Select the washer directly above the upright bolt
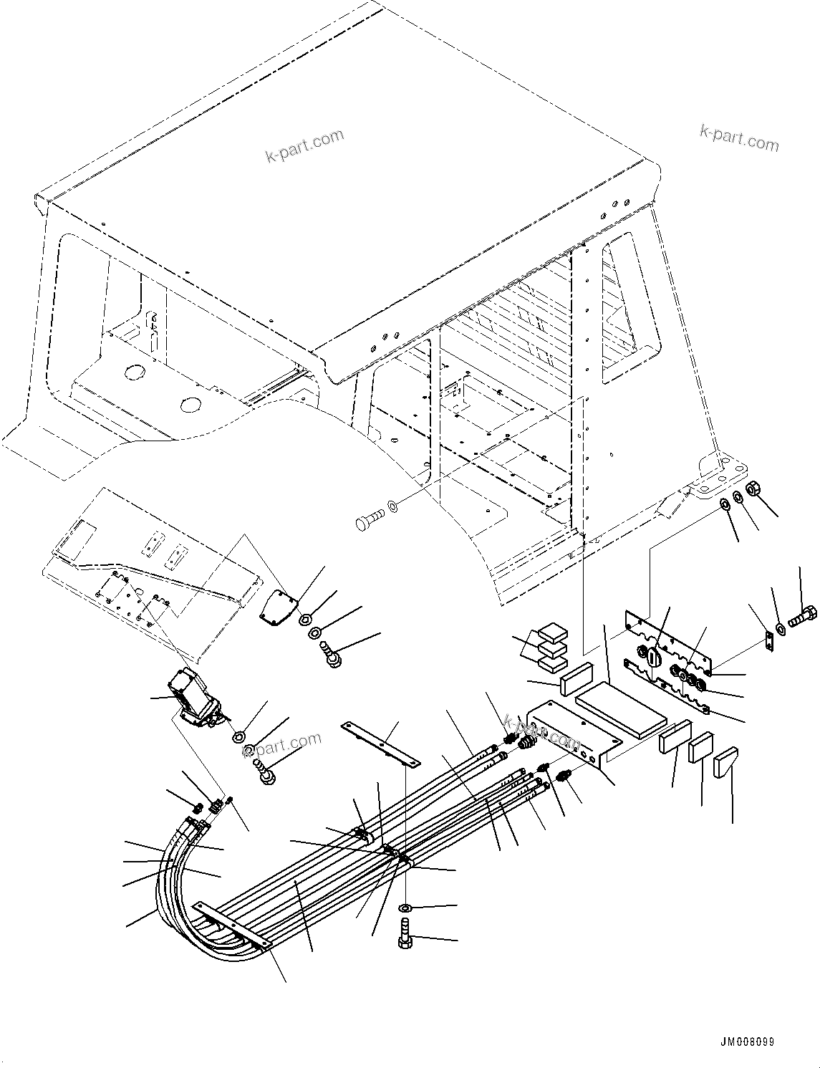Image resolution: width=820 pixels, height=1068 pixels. [x=405, y=908]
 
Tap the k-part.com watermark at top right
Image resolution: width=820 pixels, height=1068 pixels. [x=738, y=138]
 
